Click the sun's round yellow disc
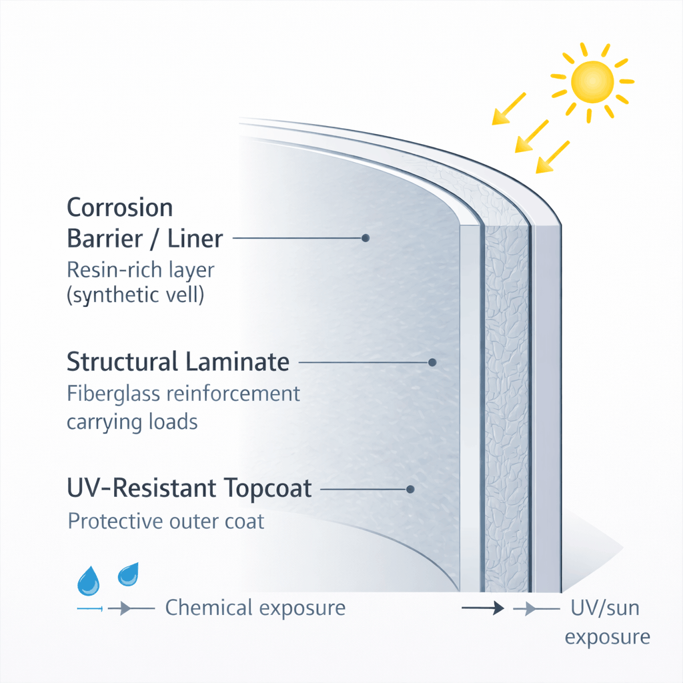[x=592, y=81]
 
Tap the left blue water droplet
[x=88, y=582]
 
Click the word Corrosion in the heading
[x=120, y=207]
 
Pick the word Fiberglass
[x=113, y=394]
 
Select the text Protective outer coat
[x=166, y=521]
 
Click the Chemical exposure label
[x=255, y=608]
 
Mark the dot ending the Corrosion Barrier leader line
[x=365, y=237]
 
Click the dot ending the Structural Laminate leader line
[x=432, y=362]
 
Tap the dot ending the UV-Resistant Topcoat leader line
[x=410, y=489]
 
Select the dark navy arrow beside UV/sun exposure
[x=482, y=608]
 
